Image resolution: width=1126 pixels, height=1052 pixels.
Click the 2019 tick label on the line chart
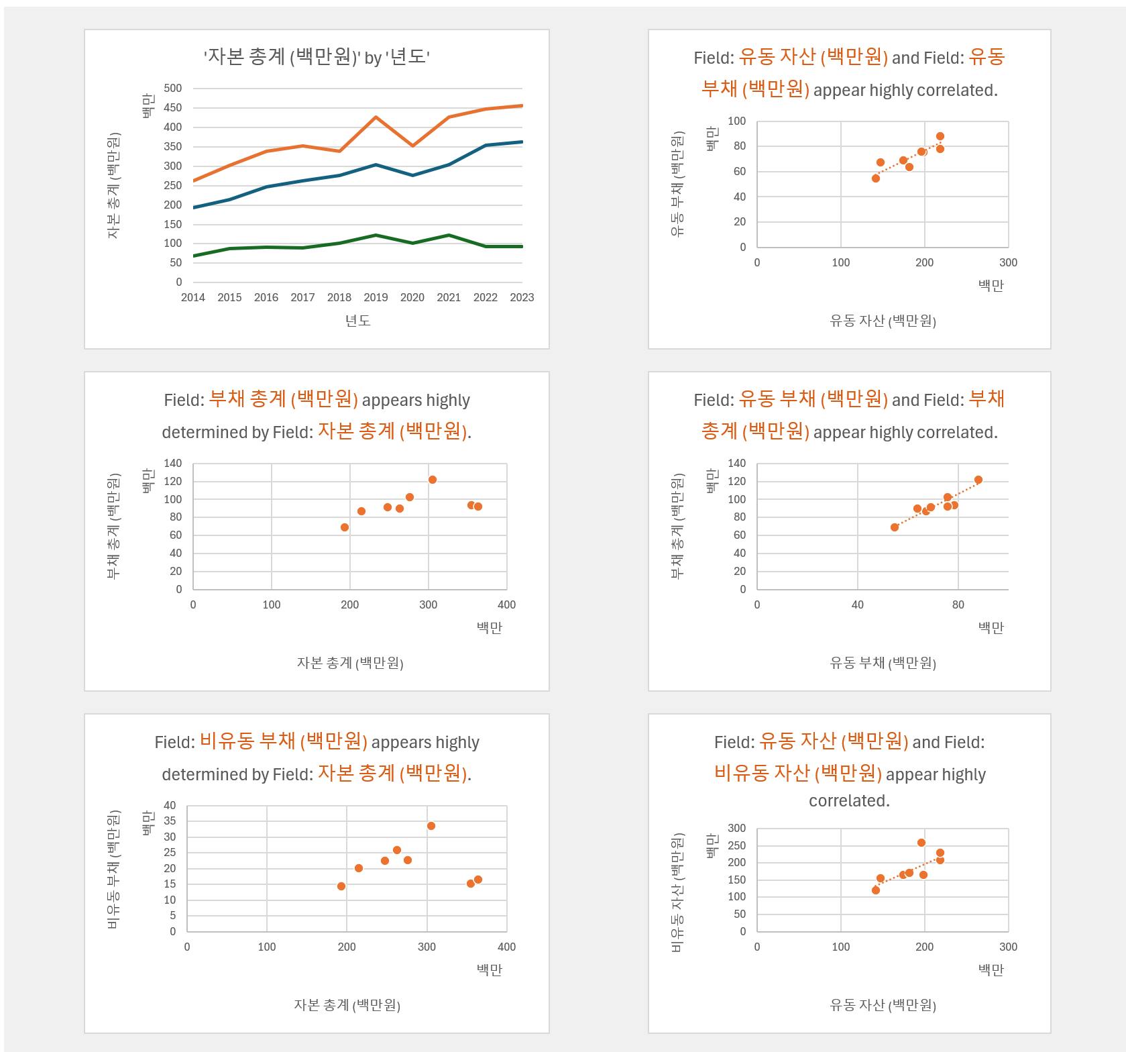376,297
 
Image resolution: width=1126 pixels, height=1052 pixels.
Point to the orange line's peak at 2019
376,117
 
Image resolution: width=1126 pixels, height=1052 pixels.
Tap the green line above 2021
449,235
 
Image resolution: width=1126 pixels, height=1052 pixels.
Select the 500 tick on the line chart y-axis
172,89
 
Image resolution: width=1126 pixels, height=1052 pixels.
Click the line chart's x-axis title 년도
358,321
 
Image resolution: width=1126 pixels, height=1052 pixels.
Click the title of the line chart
317,57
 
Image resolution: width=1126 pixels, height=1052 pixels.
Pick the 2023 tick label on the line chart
522,297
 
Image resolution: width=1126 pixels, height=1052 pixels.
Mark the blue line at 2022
486,146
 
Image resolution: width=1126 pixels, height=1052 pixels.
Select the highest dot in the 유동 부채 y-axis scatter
940,136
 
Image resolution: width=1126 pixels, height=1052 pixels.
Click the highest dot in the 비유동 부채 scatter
431,826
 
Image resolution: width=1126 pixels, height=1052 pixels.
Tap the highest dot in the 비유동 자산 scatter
921,843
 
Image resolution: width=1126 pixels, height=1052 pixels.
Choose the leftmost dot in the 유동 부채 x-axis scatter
895,527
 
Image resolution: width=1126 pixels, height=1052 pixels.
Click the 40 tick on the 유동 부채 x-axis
858,604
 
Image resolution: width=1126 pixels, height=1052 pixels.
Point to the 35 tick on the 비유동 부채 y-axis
170,821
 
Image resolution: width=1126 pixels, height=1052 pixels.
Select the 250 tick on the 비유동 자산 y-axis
736,845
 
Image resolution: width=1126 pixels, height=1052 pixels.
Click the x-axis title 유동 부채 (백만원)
883,663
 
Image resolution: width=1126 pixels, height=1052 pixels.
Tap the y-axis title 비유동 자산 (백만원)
678,892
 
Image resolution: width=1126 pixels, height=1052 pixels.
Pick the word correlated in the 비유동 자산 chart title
849,801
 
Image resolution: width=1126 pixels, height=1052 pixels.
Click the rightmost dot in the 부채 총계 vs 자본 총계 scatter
478,507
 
